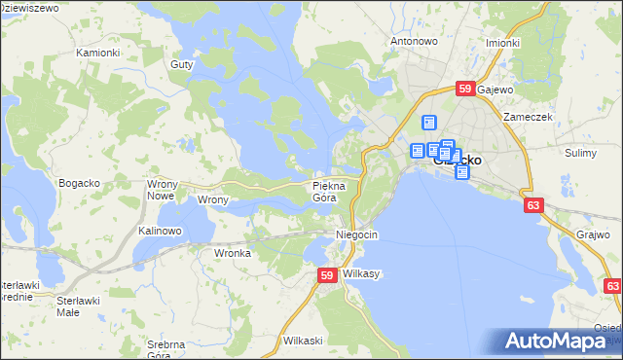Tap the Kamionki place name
[x=97, y=52]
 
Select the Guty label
[x=181, y=64]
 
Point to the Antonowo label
[x=414, y=42]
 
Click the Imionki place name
[x=501, y=43]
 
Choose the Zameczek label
[x=528, y=116]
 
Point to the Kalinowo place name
[x=161, y=231]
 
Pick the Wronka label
[x=233, y=253]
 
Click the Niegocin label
[x=355, y=235]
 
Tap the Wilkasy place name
[x=360, y=274]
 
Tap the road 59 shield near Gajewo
[x=465, y=90]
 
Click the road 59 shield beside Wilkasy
[x=328, y=277]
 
